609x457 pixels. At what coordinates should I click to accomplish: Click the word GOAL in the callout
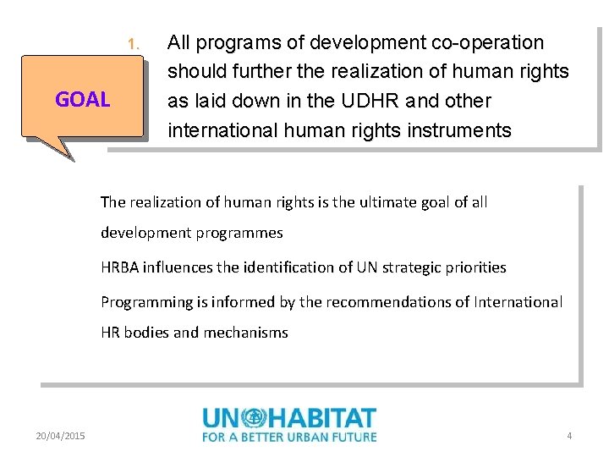[x=83, y=100]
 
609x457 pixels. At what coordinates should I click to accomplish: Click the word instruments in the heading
[x=460, y=130]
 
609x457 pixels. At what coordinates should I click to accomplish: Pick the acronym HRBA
[x=122, y=267]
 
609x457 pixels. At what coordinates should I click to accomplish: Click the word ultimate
[x=358, y=201]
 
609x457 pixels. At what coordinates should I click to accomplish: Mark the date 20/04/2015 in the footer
[x=60, y=436]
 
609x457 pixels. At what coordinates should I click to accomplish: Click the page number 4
[x=569, y=436]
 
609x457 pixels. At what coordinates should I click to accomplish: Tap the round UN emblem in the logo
[x=254, y=418]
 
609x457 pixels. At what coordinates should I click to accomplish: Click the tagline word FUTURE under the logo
[x=354, y=437]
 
